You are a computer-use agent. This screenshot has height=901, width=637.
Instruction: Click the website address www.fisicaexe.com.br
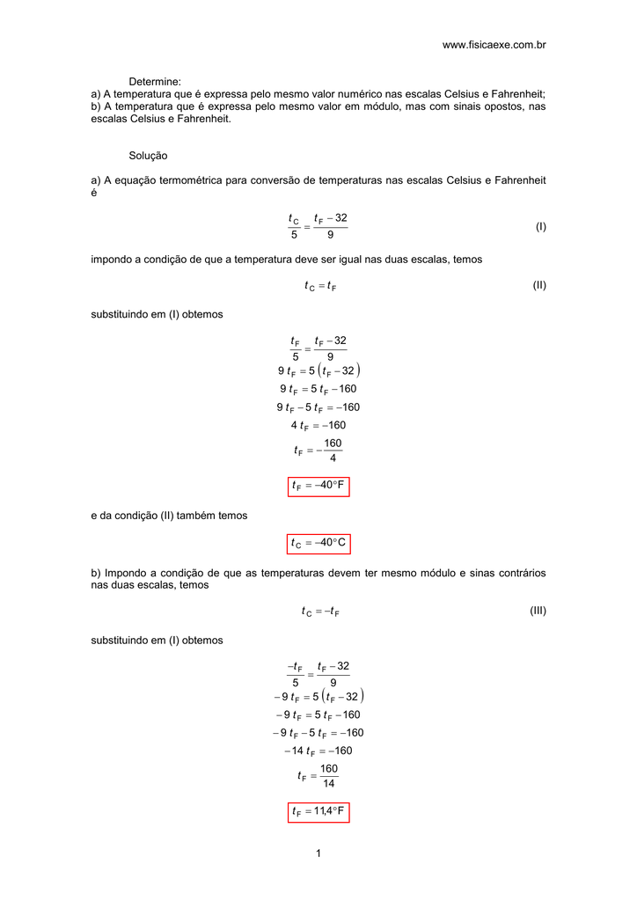[494, 44]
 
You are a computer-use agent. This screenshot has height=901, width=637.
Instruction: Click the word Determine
[155, 81]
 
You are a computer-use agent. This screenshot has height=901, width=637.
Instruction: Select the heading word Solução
[148, 155]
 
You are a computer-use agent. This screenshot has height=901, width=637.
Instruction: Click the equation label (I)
[540, 227]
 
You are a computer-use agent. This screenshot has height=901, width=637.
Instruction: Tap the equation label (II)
[539, 285]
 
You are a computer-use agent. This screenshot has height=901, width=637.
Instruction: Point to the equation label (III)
[538, 611]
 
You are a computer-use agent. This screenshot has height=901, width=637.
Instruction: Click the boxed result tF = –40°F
[318, 486]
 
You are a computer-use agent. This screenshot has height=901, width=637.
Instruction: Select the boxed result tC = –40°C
[318, 544]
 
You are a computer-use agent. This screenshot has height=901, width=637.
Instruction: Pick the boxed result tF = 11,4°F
[318, 811]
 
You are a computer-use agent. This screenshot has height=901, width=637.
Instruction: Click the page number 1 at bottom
[318, 854]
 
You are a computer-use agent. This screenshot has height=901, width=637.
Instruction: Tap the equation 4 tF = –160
[318, 426]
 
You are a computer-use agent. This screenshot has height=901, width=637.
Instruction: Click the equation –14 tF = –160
[318, 751]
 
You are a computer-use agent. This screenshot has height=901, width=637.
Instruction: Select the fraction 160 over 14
[329, 776]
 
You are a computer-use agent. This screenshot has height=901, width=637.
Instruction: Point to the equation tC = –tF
[319, 612]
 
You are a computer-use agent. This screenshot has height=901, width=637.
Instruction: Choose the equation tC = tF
[319, 285]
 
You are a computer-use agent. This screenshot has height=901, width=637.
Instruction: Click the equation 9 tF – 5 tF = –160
[318, 407]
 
